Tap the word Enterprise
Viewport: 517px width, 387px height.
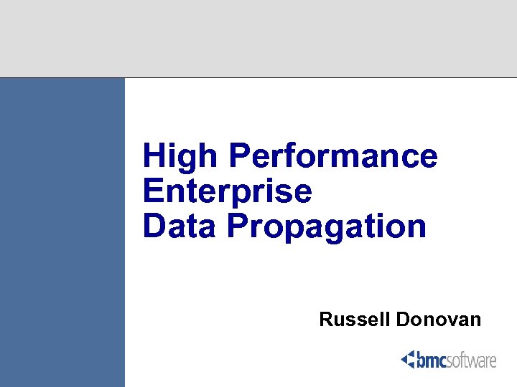tap(228, 191)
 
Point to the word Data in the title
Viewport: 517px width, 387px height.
tap(180, 226)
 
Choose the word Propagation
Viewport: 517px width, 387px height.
tap(327, 228)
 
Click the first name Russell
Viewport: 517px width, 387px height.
tap(355, 320)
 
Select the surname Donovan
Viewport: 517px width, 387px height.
tap(438, 320)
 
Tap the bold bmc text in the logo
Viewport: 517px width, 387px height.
tap(432, 360)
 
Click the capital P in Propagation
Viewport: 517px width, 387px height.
tap(238, 226)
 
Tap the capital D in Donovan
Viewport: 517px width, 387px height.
tap(403, 320)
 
